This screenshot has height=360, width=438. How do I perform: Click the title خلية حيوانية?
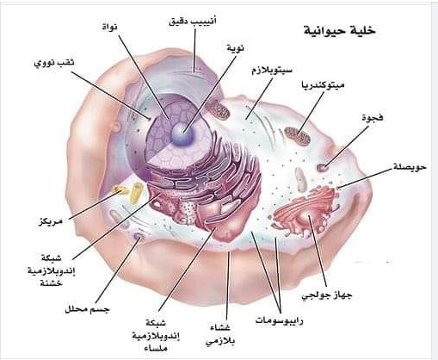tap(340, 31)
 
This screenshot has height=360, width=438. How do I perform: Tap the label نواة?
tap(109, 27)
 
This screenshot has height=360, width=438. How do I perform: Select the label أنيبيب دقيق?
tap(192, 21)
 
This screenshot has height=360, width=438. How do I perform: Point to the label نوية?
tap(235, 48)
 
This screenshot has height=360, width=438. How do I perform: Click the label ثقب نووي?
tap(54, 63)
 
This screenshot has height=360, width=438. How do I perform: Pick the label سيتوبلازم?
tap(272, 71)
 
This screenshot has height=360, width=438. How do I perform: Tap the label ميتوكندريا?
tap(323, 85)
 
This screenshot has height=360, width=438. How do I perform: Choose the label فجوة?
tap(373, 118)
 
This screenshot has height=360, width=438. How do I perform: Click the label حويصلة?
tap(410, 166)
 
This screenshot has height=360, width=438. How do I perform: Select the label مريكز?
tap(51, 221)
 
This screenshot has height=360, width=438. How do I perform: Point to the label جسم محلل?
tap(87, 309)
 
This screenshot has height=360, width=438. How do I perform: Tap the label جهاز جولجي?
tap(327, 295)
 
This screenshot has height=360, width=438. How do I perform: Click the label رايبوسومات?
tap(279, 320)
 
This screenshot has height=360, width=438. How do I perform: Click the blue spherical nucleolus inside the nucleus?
tap(182, 133)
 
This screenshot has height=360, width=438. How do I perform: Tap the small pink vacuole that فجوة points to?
tap(323, 167)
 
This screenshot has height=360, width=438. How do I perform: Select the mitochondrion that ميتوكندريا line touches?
tap(297, 135)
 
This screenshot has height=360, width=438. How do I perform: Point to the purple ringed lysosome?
tap(139, 236)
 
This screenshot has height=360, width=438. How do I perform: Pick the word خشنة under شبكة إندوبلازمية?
tap(52, 283)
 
